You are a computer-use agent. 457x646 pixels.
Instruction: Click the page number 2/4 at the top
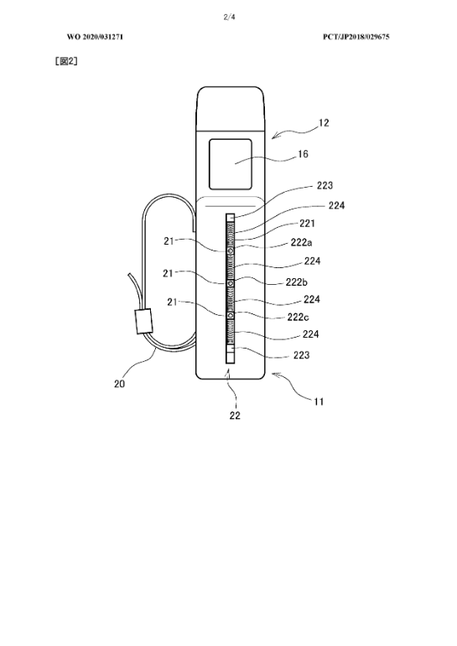pos(229,17)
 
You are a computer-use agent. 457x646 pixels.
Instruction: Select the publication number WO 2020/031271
pos(95,37)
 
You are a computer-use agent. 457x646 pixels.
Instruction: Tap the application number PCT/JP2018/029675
pos(356,37)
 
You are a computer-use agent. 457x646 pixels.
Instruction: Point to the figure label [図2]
pos(66,61)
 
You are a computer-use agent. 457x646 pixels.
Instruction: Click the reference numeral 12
pos(324,123)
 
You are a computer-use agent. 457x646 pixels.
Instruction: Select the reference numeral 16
pos(303,154)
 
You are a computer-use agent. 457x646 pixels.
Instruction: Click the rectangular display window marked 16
pos(230,164)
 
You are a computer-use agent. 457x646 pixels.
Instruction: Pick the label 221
pos(307,224)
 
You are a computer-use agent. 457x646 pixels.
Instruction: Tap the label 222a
pos(301,242)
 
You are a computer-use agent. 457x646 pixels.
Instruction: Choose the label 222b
pos(297,282)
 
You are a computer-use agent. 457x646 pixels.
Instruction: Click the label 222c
pos(299,318)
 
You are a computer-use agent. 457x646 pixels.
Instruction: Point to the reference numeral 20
pos(119,384)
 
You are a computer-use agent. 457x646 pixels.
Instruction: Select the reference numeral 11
pos(319,401)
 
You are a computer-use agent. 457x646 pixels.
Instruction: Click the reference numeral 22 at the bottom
pos(235,416)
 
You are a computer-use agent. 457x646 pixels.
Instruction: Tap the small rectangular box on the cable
pos(143,321)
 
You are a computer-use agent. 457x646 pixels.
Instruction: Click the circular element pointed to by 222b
pos(230,283)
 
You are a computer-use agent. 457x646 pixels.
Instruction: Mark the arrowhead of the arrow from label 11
pos(273,374)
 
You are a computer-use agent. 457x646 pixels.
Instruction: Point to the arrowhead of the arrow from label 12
pos(273,137)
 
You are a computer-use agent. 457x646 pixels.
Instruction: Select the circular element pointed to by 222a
pos(230,251)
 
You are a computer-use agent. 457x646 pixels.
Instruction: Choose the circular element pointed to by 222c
pos(230,315)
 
